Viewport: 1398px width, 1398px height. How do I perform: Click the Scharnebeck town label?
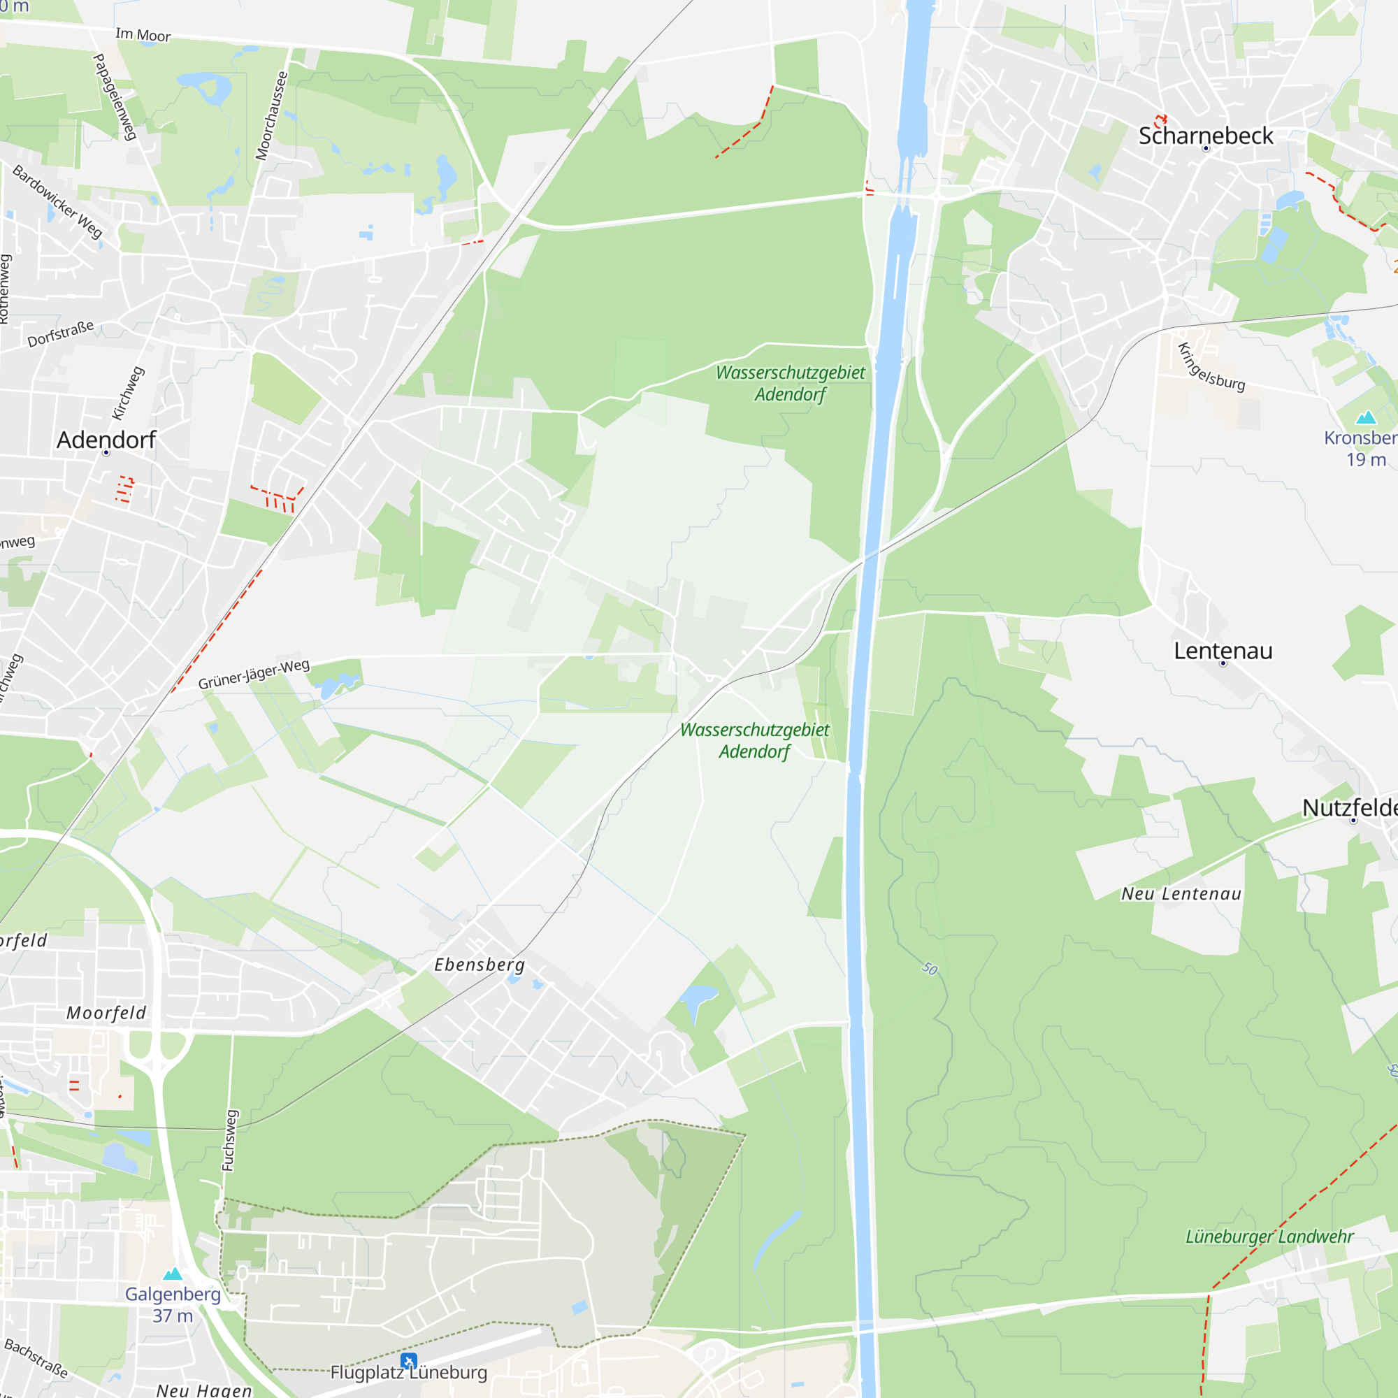click(x=1206, y=136)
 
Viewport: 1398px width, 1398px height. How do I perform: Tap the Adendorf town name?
click(x=106, y=440)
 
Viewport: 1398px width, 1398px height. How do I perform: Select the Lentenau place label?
click(x=1223, y=651)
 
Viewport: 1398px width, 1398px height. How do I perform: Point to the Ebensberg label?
click(x=480, y=965)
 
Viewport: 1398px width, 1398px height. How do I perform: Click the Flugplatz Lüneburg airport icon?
click(x=409, y=1362)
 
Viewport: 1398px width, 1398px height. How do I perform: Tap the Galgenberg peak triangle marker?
click(x=173, y=1274)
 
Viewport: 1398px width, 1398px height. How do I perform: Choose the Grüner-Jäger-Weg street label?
click(x=254, y=675)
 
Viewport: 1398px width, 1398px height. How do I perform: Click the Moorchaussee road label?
click(x=272, y=116)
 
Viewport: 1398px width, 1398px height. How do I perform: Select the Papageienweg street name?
click(x=115, y=96)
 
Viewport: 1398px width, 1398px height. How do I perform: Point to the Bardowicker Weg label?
click(x=58, y=202)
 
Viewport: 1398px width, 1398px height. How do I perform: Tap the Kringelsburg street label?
click(x=1211, y=368)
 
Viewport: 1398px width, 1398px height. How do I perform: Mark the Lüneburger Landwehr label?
click(x=1269, y=1237)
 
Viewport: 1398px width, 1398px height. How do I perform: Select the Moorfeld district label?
click(x=106, y=1013)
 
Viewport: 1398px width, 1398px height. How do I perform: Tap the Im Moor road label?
click(x=143, y=35)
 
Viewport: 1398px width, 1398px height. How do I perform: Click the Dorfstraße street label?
click(x=61, y=334)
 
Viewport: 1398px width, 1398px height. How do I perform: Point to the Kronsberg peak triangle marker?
click(x=1365, y=417)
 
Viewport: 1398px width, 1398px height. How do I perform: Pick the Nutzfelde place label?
click(x=1350, y=808)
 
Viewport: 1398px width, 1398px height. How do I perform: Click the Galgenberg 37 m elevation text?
click(x=173, y=1316)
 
